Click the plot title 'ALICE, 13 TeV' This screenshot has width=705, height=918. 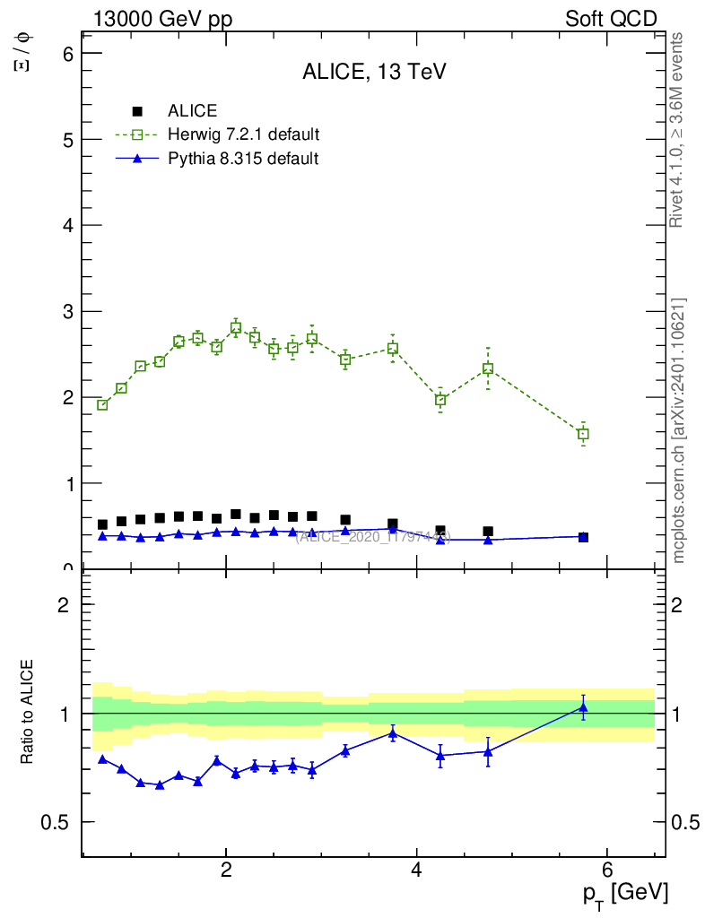point(374,73)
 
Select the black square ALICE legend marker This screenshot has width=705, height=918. point(137,111)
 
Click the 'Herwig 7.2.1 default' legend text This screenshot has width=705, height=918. point(244,134)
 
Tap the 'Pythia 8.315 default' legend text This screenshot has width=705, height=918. point(243,159)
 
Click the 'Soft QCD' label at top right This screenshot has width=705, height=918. point(611,19)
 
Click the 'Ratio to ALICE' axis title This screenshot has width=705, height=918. point(28,713)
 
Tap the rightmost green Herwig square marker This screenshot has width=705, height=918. point(583,434)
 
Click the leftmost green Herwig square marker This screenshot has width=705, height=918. point(102,405)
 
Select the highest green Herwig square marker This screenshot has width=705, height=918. point(236,328)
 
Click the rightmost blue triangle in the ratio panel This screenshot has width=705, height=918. point(583,708)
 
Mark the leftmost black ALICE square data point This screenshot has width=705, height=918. point(102,524)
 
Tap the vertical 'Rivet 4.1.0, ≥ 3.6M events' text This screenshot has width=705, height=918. point(678,131)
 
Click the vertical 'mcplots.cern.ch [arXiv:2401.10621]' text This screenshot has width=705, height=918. point(679,431)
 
